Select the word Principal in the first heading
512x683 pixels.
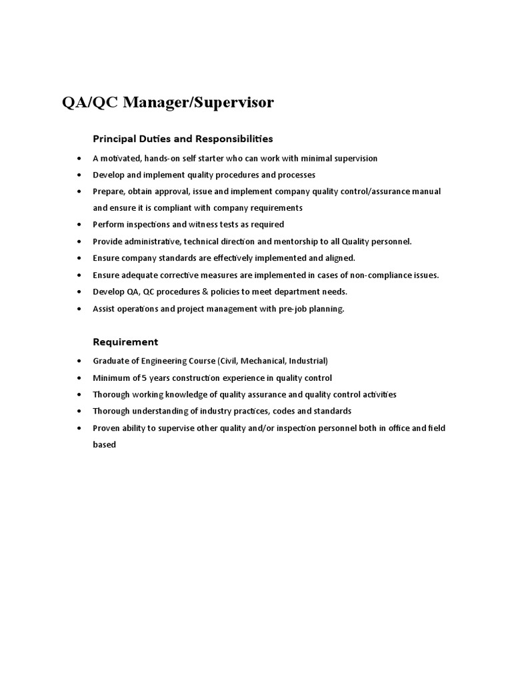click(x=114, y=139)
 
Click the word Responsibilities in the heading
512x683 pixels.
click(x=234, y=139)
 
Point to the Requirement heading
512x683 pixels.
click(x=125, y=342)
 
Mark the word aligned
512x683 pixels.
click(x=338, y=258)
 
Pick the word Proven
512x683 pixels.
click(x=106, y=428)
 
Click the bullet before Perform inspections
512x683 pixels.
click(x=79, y=225)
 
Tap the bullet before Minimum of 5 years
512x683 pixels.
click(x=79, y=378)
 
